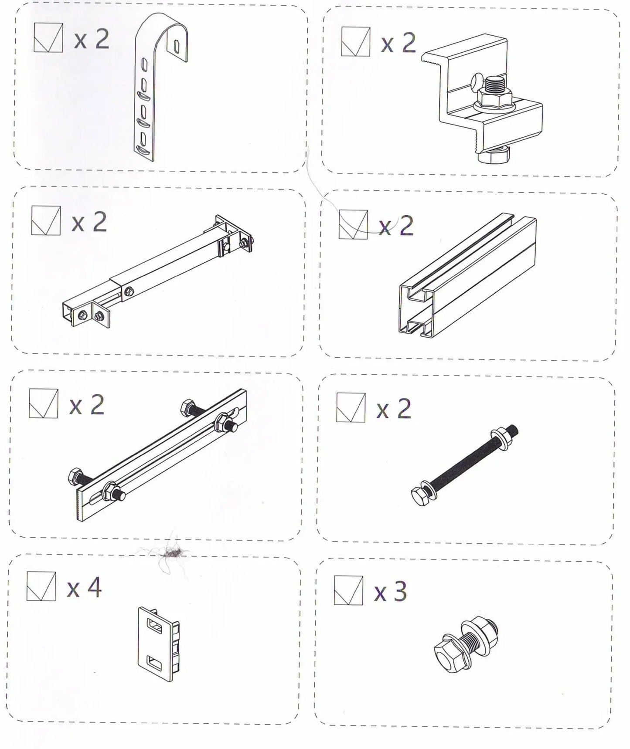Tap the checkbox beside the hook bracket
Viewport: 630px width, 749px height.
pyautogui.click(x=48, y=38)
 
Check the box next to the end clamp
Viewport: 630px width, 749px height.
pyautogui.click(x=356, y=41)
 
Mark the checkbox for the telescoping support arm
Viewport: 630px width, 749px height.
pyautogui.click(x=46, y=221)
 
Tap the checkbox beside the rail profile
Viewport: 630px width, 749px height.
pyautogui.click(x=353, y=224)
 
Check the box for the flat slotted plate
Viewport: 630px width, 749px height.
pyautogui.click(x=43, y=403)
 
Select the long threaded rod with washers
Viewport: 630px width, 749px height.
pyautogui.click(x=465, y=468)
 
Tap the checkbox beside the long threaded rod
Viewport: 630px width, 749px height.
pyautogui.click(x=351, y=407)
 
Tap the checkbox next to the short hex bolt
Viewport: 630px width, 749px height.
pyautogui.click(x=348, y=590)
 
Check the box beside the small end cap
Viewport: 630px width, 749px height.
pyautogui.click(x=41, y=586)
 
